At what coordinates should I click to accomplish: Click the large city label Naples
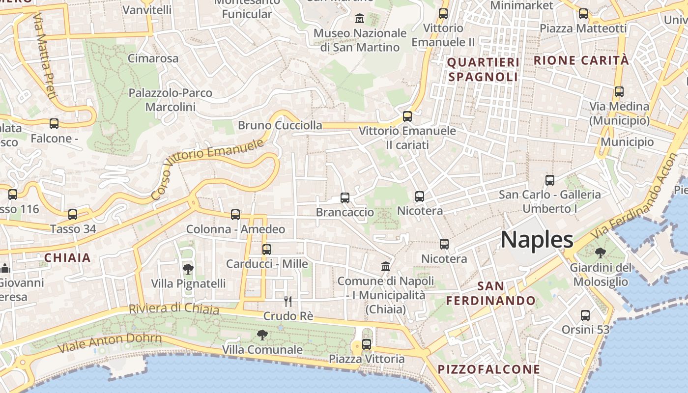pos(537,240)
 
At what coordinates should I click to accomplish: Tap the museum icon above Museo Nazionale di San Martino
pos(360,19)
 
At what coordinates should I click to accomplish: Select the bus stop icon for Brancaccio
pos(345,198)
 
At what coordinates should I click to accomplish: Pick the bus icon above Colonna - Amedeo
pos(235,215)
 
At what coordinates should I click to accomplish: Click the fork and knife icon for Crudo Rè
pos(288,301)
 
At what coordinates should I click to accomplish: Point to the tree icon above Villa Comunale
pos(262,335)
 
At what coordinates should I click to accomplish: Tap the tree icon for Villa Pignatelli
pos(188,269)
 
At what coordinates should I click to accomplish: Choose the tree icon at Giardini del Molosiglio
pos(600,253)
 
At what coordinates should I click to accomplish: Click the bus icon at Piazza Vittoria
pos(367,344)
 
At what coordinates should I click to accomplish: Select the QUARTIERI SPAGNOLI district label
pos(483,70)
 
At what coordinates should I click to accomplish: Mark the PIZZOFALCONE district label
pos(489,369)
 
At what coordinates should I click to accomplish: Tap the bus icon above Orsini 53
pos(585,315)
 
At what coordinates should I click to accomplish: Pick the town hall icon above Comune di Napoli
pos(386,267)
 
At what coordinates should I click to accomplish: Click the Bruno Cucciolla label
pos(280,125)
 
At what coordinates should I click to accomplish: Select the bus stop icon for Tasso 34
pos(73,215)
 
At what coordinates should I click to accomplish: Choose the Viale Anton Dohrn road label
pos(110,343)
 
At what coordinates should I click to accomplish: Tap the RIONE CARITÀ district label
pos(581,60)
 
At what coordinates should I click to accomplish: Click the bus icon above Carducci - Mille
pos(267,250)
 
